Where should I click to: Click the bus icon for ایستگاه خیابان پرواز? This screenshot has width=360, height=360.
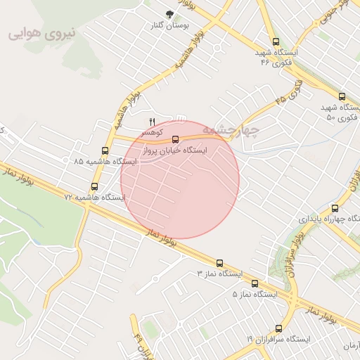(176, 139)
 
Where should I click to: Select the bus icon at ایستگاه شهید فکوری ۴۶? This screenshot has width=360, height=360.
(275, 41)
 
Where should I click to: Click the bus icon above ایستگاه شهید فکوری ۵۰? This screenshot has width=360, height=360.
(342, 97)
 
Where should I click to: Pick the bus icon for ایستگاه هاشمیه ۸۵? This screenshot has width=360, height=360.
(105, 150)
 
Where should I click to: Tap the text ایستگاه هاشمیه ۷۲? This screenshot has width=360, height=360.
(95, 198)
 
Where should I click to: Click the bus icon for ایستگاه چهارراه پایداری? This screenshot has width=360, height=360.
(335, 208)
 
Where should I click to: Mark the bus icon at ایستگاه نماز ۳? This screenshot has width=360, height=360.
(219, 262)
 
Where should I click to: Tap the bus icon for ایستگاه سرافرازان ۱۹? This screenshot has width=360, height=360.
(279, 328)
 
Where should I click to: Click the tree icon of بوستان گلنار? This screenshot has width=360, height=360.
(169, 14)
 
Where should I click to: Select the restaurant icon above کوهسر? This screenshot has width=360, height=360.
(152, 122)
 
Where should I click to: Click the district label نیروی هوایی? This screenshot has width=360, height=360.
(41, 34)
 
